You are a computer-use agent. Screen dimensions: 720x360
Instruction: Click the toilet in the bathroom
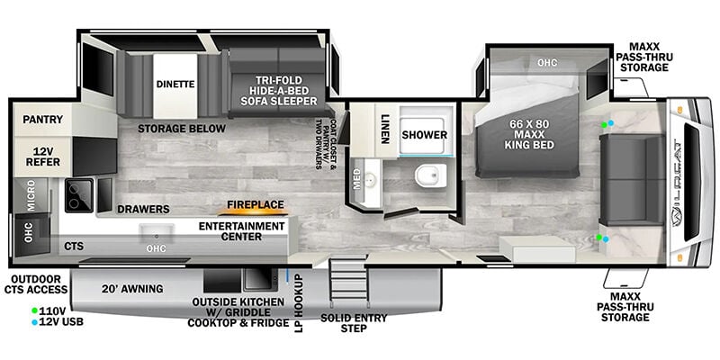coord(431,175)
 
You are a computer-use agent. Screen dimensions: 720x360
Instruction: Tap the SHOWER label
coord(424,134)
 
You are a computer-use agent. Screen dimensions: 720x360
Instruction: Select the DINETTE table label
coord(175,85)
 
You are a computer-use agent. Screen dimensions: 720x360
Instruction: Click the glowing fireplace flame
coord(254,211)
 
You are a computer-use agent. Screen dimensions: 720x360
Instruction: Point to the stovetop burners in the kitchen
coord(79,195)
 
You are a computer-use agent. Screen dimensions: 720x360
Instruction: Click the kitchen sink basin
coord(157,233)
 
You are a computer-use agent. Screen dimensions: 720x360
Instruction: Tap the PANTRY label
coord(42,120)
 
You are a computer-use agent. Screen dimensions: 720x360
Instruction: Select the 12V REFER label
coord(42,156)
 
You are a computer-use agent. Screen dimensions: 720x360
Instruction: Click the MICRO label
coord(31,195)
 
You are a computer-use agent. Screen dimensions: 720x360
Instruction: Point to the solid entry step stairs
coord(348,280)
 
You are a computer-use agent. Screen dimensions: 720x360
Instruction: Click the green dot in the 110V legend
coord(35,310)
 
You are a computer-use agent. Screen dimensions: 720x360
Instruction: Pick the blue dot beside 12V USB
coord(35,322)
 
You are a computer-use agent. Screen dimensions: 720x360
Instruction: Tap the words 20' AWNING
coord(132,289)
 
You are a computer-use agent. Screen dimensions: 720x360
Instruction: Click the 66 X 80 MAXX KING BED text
coord(530,134)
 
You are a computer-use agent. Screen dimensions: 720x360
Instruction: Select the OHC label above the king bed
coord(547,62)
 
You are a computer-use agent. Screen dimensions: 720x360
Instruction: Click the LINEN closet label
coord(385,129)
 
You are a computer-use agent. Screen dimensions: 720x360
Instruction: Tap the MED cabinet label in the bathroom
coord(356,179)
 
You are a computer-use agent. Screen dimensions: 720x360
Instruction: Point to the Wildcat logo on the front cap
coord(678,183)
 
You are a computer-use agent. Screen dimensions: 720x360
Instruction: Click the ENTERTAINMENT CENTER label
coord(241,231)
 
